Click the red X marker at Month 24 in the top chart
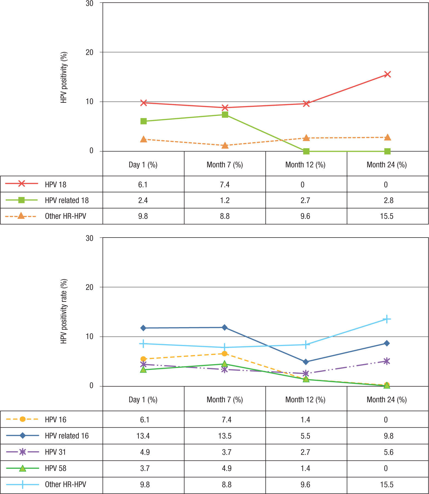pos(387,74)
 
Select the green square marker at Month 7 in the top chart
pos(225,115)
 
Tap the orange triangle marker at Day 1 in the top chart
pos(144,139)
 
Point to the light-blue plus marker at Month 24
pos(387,319)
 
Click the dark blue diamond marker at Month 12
pos(306,362)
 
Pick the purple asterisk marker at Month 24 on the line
pos(387,361)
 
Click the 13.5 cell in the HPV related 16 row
pos(225,436)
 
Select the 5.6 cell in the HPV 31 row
pos(388,452)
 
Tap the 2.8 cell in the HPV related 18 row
pos(388,200)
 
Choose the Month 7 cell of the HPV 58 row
pos(226,468)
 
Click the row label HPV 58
pos(56,468)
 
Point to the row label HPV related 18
pos(67,200)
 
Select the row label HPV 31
pos(55,452)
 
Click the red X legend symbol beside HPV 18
pos(22,184)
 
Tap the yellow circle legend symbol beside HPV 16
pos(22,419)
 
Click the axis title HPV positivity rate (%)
pos(64,311)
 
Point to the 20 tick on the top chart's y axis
pos(89,52)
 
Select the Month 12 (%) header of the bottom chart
pos(305,400)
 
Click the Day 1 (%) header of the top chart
pos(143,165)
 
